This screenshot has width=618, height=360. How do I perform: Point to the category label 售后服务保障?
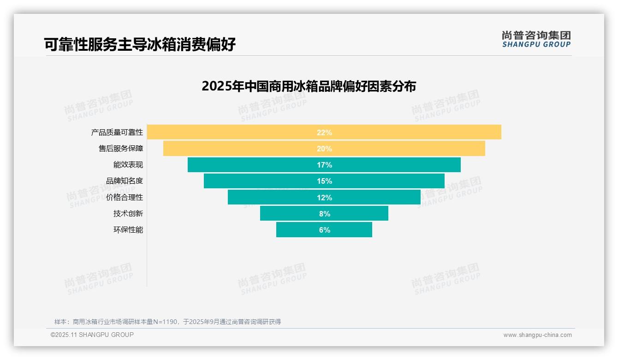click(121, 149)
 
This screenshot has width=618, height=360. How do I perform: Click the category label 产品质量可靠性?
click(117, 132)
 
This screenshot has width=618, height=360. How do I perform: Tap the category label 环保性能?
click(128, 230)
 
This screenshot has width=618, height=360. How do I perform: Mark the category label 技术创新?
click(128, 214)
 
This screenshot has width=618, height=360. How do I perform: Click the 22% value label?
click(324, 132)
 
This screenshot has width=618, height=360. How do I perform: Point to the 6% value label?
click(324, 230)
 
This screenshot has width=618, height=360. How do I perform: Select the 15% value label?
click(324, 181)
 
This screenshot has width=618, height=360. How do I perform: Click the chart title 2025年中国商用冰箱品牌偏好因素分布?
click(309, 86)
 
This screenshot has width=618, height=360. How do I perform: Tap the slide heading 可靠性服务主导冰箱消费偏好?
click(140, 44)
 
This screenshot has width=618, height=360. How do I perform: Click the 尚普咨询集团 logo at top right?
click(536, 39)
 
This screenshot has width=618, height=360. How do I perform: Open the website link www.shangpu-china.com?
click(537, 335)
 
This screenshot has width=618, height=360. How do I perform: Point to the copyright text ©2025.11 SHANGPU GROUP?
click(92, 335)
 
